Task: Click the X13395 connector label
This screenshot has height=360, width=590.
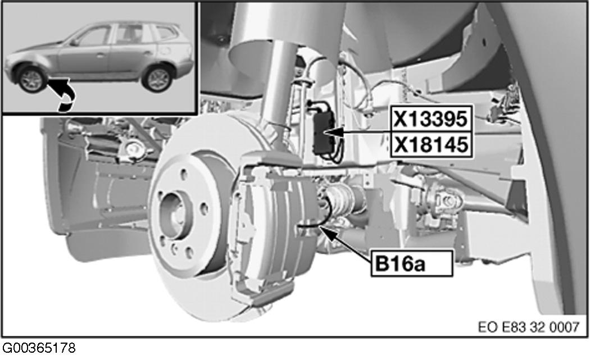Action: pos(430,119)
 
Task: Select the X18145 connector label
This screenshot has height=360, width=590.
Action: pos(430,144)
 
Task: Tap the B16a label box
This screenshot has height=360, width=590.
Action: pos(412,264)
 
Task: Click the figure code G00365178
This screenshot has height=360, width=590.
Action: pos(39,348)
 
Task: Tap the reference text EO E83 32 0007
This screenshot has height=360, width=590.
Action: pos(529,327)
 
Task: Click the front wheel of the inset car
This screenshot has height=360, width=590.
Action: pos(31,79)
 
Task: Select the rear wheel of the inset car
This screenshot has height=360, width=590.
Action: pos(158,79)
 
